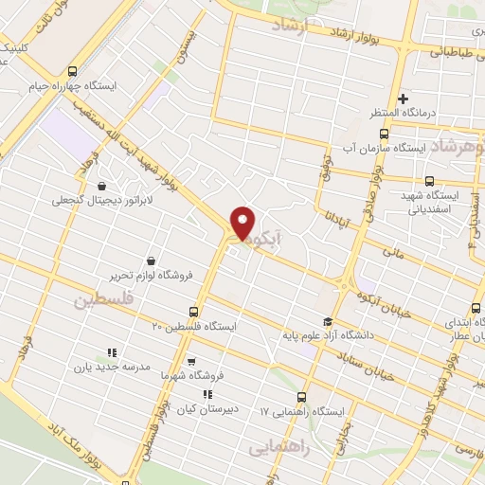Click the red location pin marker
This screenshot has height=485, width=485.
[243, 222]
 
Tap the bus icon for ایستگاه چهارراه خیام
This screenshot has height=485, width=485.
[73, 71]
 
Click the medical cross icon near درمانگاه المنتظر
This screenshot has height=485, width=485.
[403, 98]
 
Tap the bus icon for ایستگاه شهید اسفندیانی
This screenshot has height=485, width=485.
[429, 181]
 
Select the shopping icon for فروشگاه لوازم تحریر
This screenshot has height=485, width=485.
[152, 260]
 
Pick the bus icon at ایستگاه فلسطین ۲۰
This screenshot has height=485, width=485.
[194, 311]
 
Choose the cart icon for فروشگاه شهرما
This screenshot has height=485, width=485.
[192, 361]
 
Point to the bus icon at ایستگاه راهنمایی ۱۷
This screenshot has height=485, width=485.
[302, 398]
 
